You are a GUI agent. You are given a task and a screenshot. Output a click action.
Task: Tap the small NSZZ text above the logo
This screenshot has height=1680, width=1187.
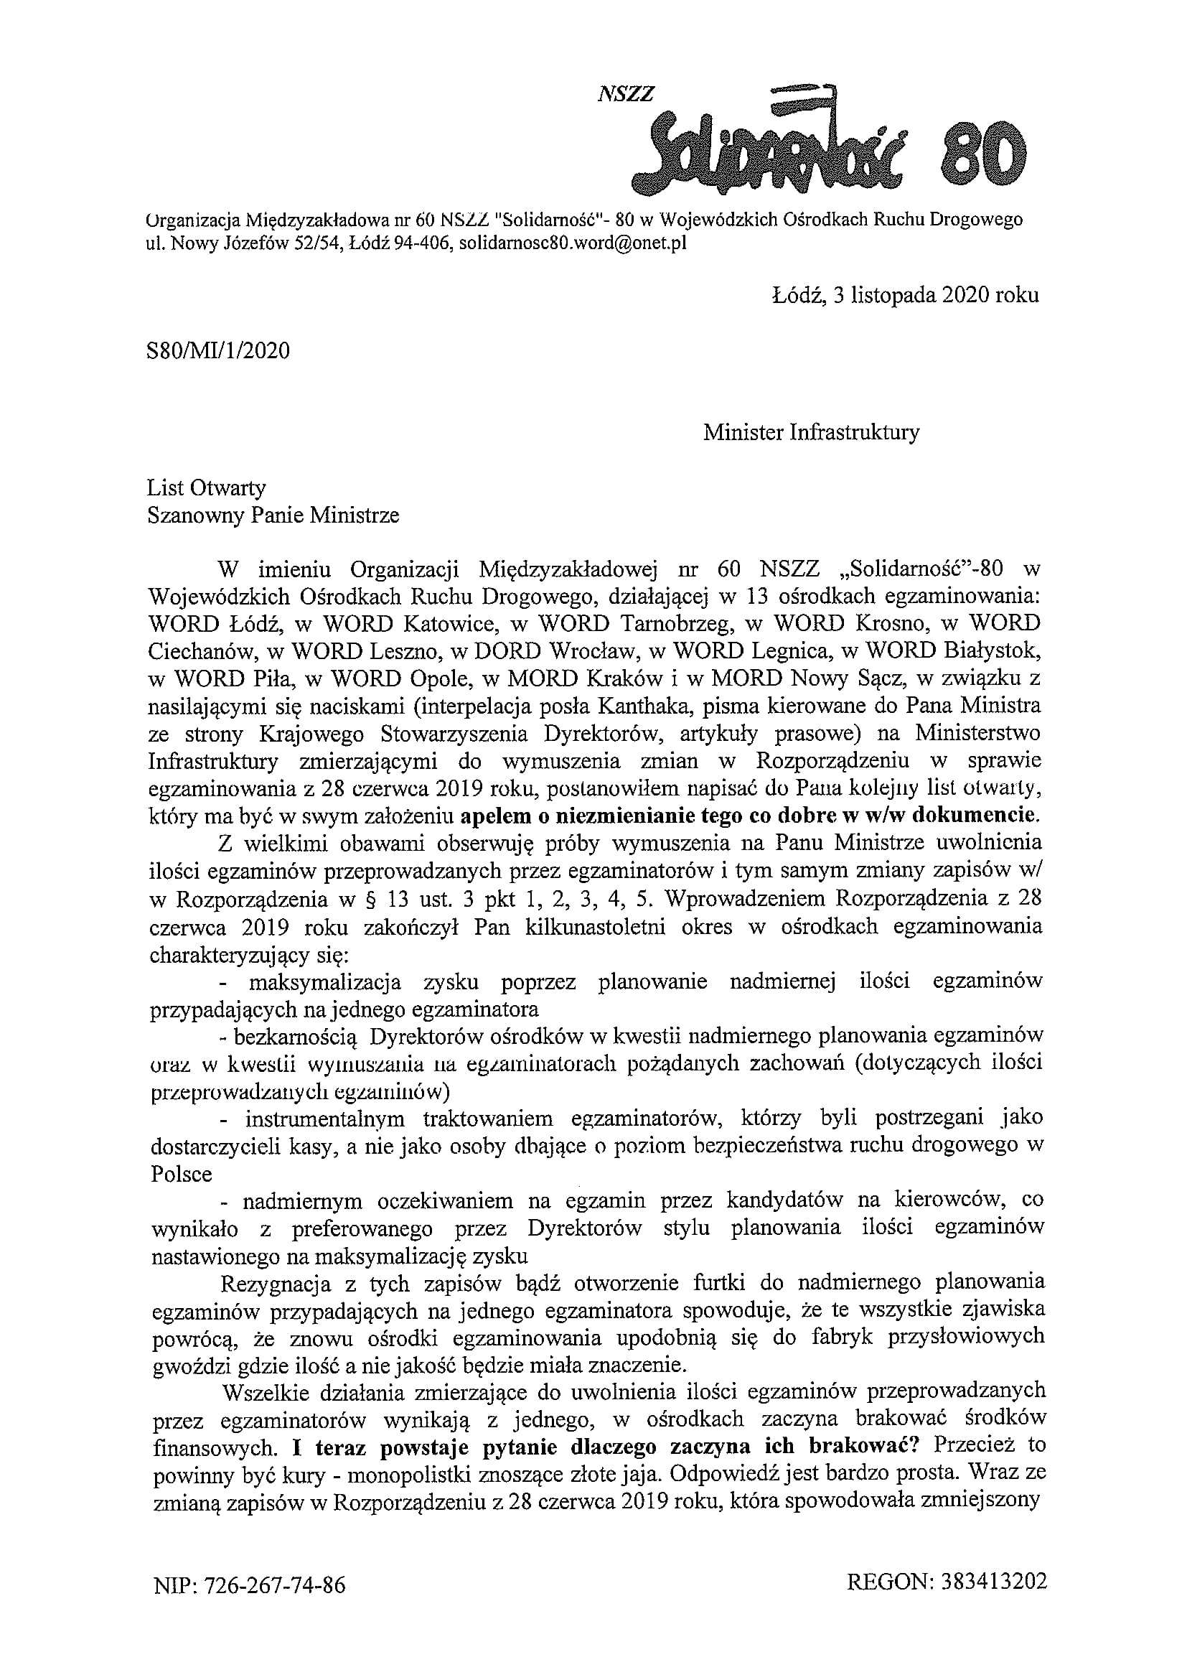[625, 93]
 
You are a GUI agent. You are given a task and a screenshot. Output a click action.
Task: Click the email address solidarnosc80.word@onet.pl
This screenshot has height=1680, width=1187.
[572, 243]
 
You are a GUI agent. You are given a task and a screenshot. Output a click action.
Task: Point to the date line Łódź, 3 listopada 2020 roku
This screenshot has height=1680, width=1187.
[905, 295]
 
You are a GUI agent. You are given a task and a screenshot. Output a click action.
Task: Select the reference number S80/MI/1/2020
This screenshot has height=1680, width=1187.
[218, 351]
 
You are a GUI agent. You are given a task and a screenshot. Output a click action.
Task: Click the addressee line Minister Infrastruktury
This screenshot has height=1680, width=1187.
[811, 432]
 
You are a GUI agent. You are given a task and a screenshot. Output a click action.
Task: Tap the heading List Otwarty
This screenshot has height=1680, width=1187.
[206, 488]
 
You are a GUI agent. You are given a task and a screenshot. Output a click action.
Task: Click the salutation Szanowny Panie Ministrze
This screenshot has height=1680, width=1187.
[273, 516]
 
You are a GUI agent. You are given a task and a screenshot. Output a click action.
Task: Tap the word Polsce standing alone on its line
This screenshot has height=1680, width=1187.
[182, 1175]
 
